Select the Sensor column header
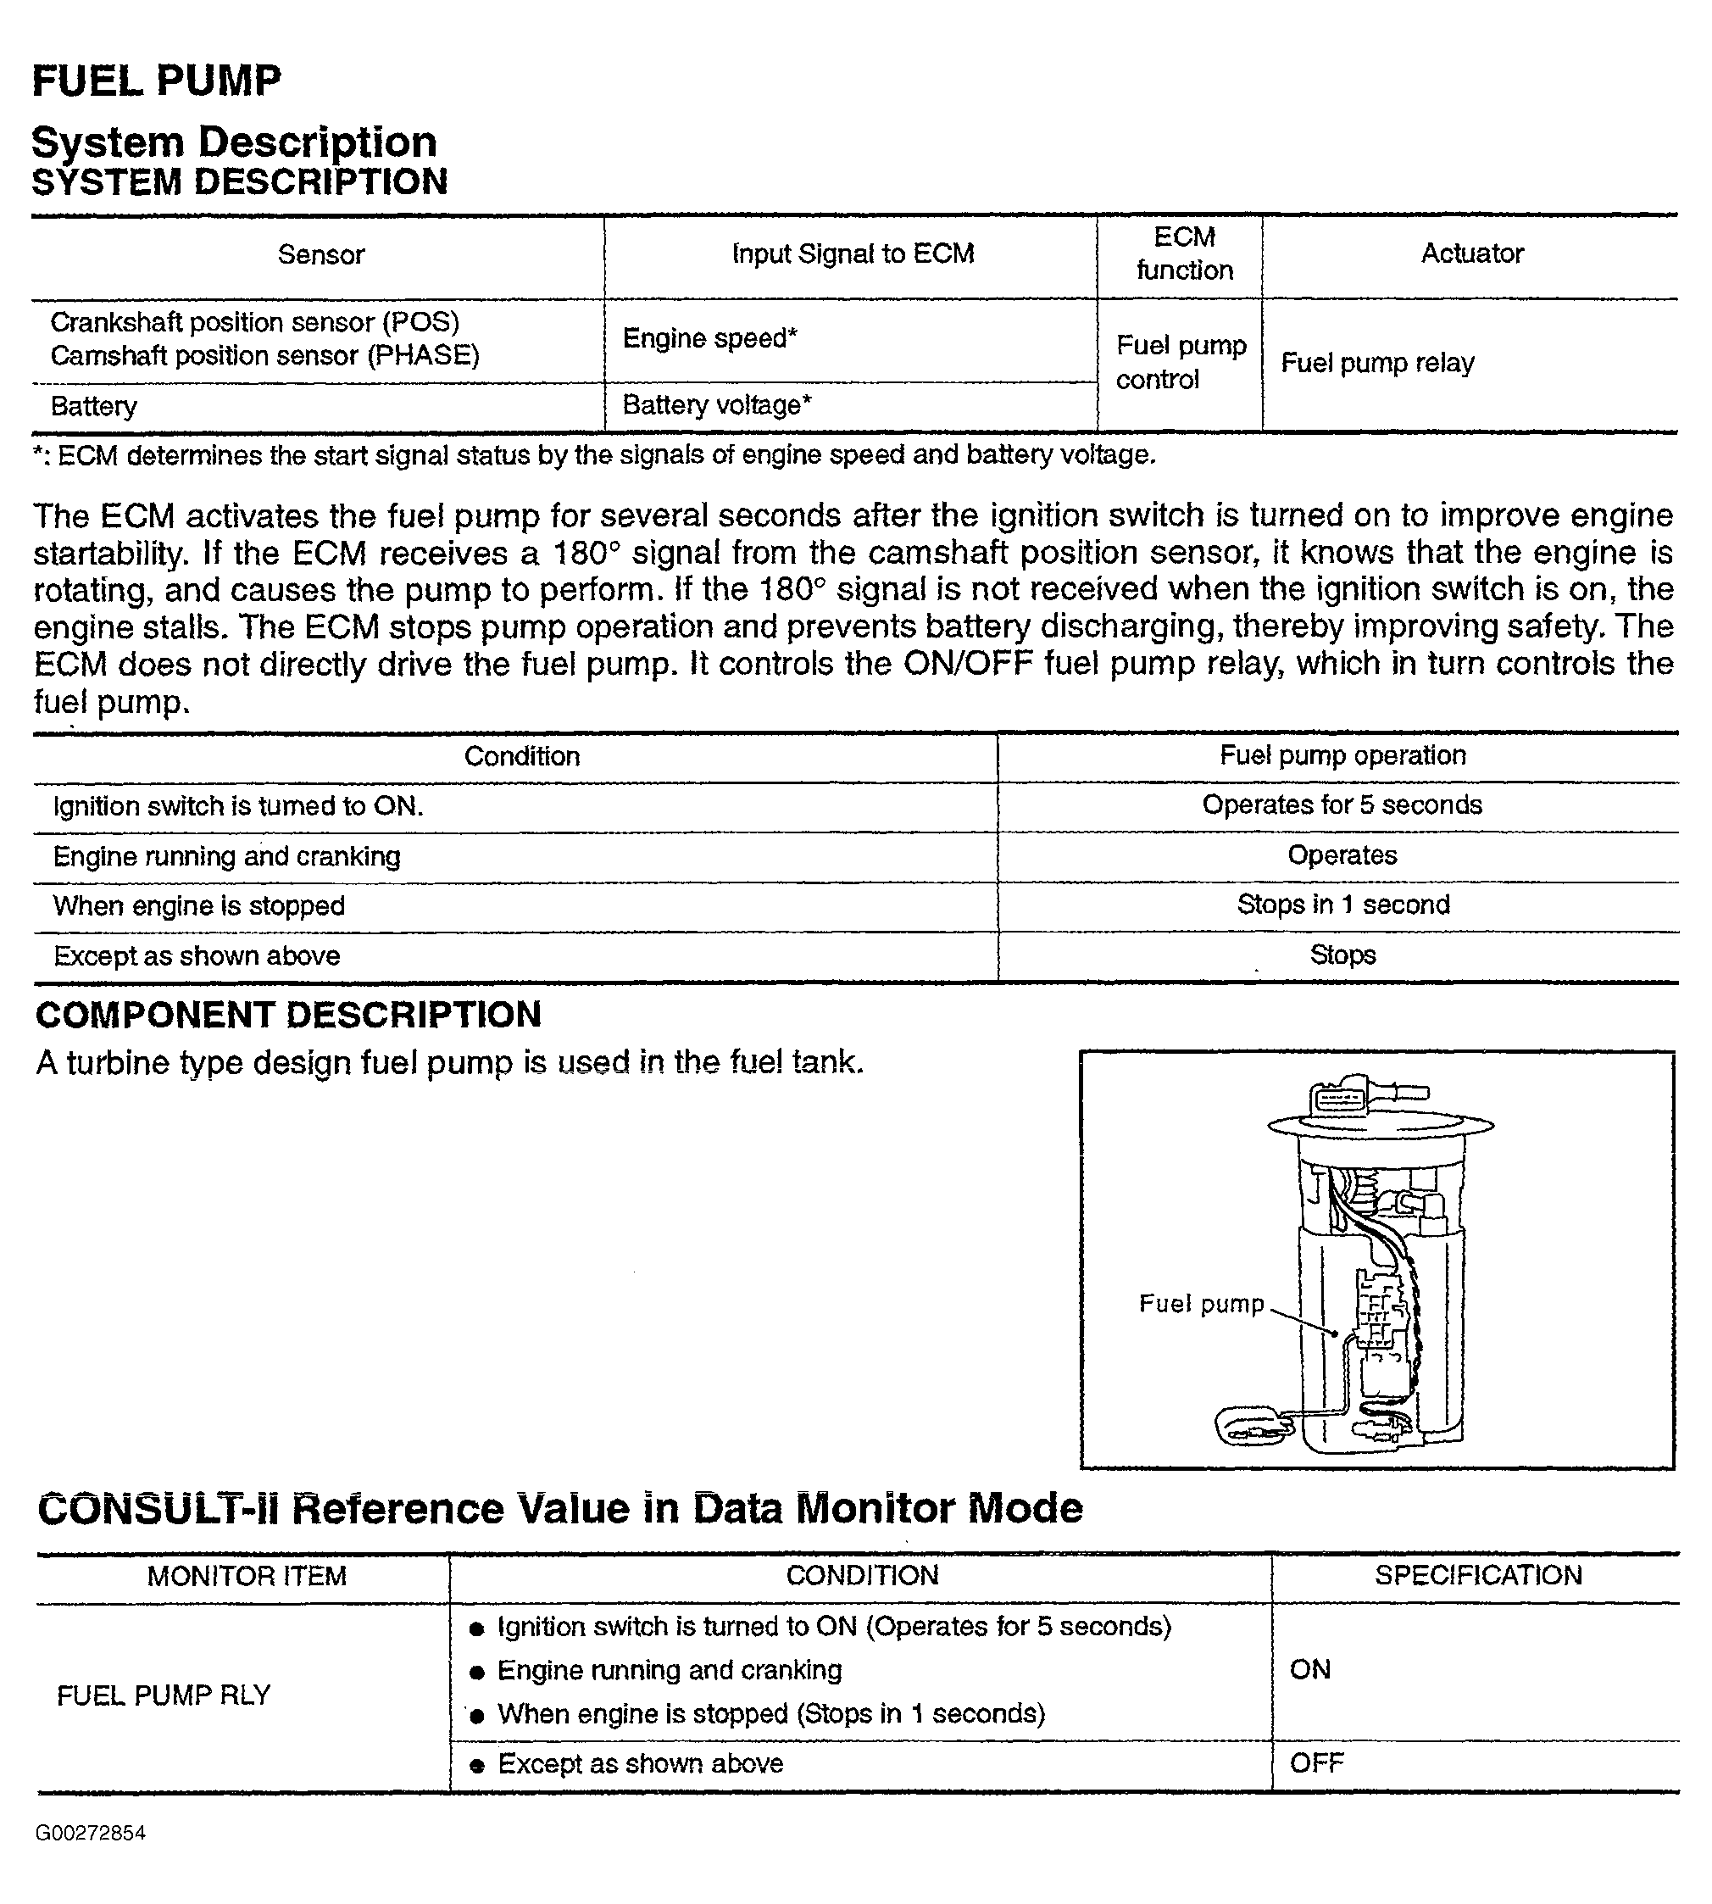pyautogui.click(x=320, y=255)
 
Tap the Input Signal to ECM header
pyautogui.click(x=853, y=254)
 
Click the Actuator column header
pyautogui.click(x=1471, y=253)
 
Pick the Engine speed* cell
pyautogui.click(x=709, y=338)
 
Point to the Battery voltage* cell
pyautogui.click(x=717, y=405)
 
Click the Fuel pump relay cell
pyautogui.click(x=1377, y=363)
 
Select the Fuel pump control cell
pyautogui.click(x=1181, y=362)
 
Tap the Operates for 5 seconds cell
pyautogui.click(x=1342, y=805)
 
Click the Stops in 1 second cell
pyautogui.click(x=1342, y=905)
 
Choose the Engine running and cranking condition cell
pyautogui.click(x=226, y=856)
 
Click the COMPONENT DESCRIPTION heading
pyautogui.click(x=289, y=1015)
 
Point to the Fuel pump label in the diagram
pyautogui.click(x=1201, y=1304)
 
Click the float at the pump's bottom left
pyautogui.click(x=1252, y=1426)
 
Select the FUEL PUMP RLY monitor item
pyautogui.click(x=164, y=1696)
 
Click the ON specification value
pyautogui.click(x=1309, y=1670)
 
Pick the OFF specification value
pyautogui.click(x=1316, y=1763)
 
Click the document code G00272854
pyautogui.click(x=92, y=1833)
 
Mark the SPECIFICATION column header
pyautogui.click(x=1478, y=1576)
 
